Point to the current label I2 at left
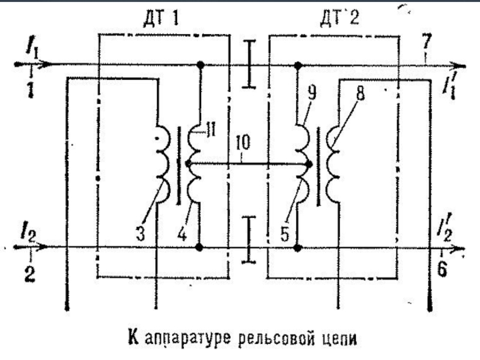pyautogui.click(x=29, y=233)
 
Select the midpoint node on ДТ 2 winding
pyautogui.click(x=308, y=163)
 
